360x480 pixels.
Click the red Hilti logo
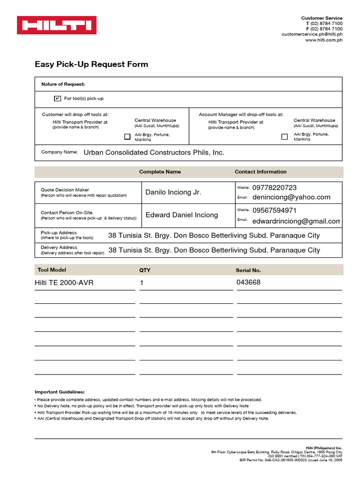pos(57,25)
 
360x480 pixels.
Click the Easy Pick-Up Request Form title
pos(91,64)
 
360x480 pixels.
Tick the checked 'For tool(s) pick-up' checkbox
pos(58,98)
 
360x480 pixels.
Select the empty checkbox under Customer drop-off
pos(127,137)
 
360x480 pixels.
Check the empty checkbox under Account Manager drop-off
pos(285,137)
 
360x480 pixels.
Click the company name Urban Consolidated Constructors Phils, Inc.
pos(154,152)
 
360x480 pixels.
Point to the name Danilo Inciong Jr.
pos(173,192)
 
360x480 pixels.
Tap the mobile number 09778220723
pos(274,187)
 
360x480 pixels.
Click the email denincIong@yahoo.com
pos(291,197)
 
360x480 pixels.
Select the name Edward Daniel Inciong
pos(182,215)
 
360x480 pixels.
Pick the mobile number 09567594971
pos(274,210)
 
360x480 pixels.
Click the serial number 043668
pos(248,282)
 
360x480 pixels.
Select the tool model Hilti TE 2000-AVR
pos(64,283)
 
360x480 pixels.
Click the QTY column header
pos(145,270)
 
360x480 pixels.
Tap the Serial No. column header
pos(248,270)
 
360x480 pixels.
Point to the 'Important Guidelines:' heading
pos(60,392)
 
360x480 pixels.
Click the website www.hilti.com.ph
pos(324,40)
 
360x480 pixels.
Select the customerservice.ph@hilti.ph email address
pos(312,34)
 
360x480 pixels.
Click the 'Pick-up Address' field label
pos(59,232)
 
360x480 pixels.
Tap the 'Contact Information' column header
pos(261,172)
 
